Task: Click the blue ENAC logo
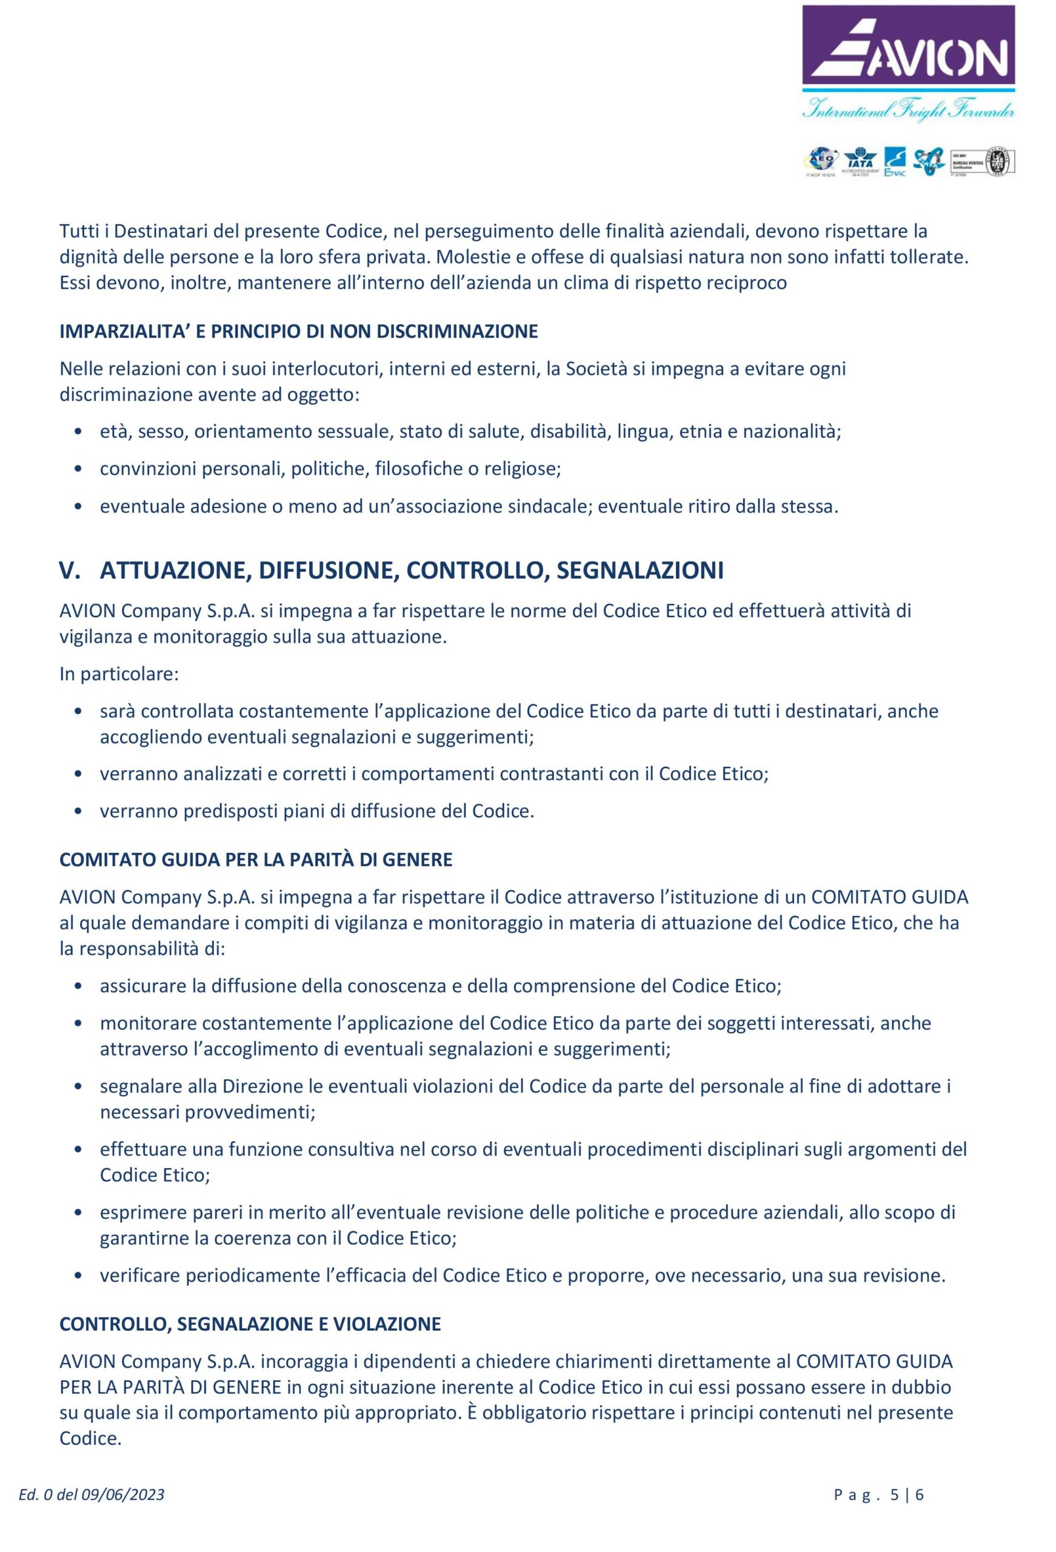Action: pyautogui.click(x=894, y=162)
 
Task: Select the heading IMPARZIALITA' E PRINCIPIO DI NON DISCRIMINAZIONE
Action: pyautogui.click(x=299, y=331)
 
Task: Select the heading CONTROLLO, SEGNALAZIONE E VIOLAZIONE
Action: pyautogui.click(x=250, y=1323)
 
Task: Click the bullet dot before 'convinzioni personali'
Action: pyautogui.click(x=79, y=469)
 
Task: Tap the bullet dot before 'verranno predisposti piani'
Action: pyautogui.click(x=79, y=811)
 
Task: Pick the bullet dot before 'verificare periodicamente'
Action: pyautogui.click(x=79, y=1276)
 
